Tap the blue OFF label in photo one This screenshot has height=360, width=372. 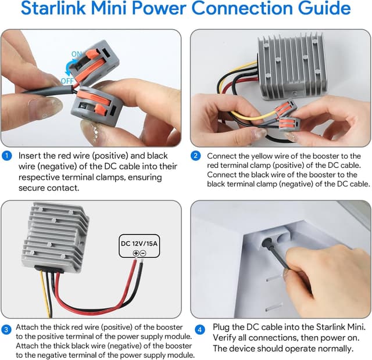coord(67,81)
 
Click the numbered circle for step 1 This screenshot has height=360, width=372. coord(6,156)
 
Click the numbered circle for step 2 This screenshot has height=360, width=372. coord(196,156)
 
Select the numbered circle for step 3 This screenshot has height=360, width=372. coord(6,329)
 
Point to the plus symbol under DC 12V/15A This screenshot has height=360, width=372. coord(136,253)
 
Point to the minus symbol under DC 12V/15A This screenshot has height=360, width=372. coord(144,253)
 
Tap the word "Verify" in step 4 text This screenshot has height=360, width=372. coord(227,338)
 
